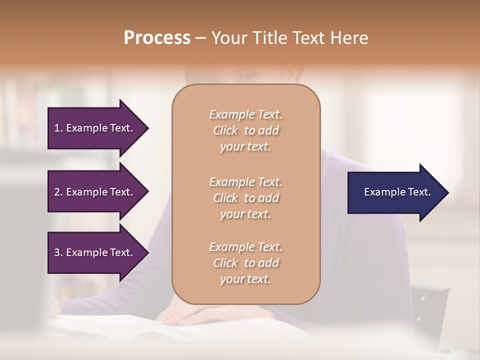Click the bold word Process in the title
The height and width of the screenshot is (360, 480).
[x=157, y=38]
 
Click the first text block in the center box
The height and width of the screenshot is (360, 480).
[x=245, y=130]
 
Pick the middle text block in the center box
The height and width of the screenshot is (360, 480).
[x=245, y=198]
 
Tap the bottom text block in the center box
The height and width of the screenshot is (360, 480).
[x=245, y=263]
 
